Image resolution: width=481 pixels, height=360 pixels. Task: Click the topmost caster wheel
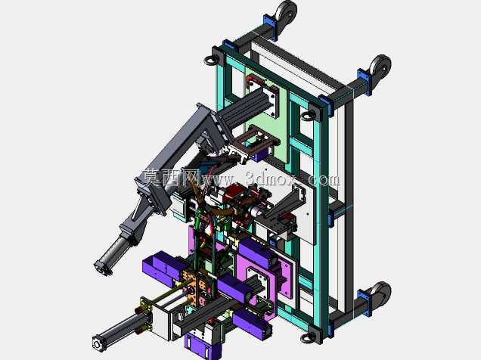pos(286,11)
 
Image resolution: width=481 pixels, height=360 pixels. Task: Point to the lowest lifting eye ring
pos(307,338)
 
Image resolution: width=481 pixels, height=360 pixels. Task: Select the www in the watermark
pos(217,179)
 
